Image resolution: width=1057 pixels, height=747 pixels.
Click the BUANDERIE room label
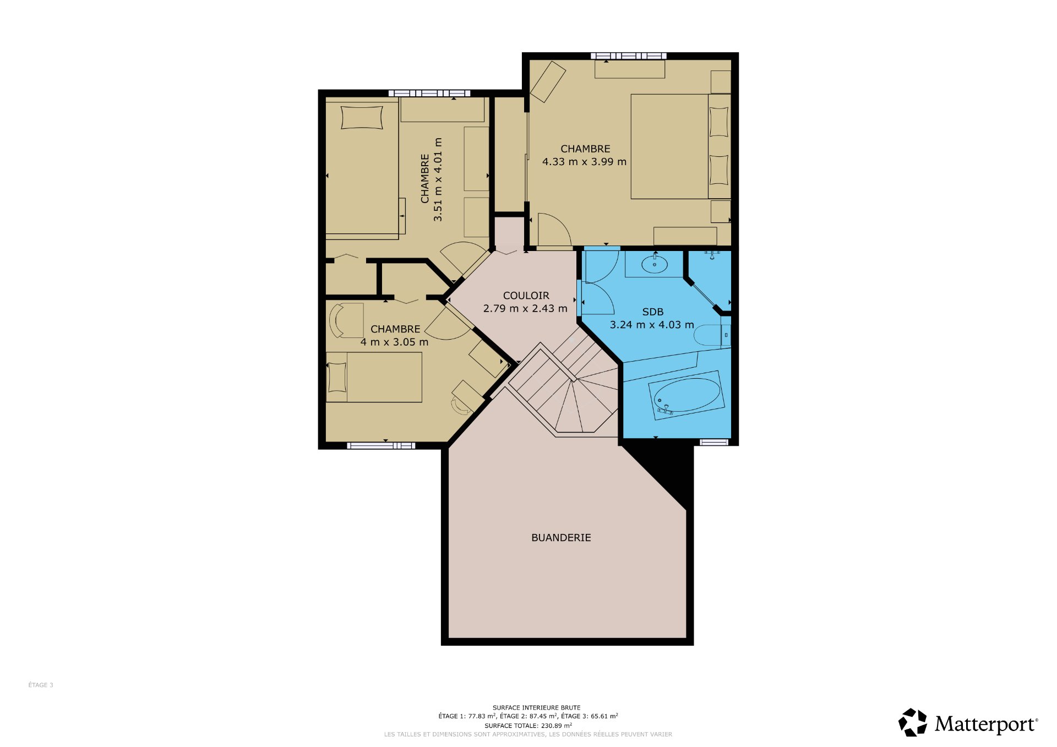(561, 538)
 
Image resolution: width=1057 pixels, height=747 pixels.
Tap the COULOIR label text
(526, 296)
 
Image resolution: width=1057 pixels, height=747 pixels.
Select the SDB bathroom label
(652, 312)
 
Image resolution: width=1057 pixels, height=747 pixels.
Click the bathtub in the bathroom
(686, 395)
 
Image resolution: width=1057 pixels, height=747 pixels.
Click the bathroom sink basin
(655, 265)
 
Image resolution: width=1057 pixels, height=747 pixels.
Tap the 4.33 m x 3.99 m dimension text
(584, 162)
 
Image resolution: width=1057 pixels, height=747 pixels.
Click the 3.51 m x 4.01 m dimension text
(438, 179)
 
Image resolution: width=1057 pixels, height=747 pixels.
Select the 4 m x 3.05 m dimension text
(394, 342)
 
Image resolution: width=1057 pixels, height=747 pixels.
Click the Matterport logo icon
(913, 722)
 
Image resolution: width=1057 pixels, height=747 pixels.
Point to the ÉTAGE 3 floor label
(41, 685)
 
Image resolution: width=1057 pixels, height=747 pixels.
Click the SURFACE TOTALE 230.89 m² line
(528, 726)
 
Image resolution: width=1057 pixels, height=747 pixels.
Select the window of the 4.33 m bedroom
(628, 56)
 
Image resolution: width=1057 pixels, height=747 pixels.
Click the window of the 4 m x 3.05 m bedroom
(381, 445)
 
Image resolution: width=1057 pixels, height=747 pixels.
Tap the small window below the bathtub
(714, 441)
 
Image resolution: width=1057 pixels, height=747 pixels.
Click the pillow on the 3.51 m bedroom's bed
(362, 117)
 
